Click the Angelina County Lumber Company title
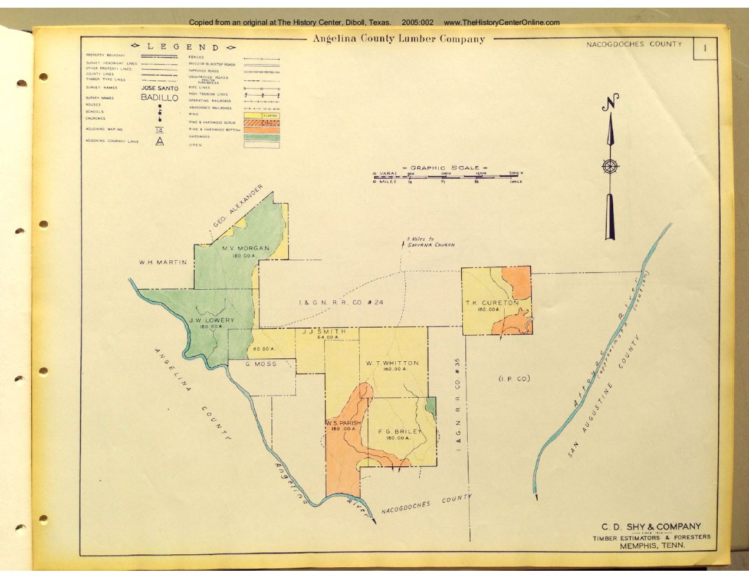[x=399, y=40]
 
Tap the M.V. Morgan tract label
[x=245, y=248]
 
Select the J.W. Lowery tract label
[x=212, y=320]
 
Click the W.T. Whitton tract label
[x=392, y=363]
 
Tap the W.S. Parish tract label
[x=343, y=423]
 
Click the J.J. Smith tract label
[x=324, y=332]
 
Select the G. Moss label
[x=261, y=364]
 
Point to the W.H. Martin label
[x=163, y=262]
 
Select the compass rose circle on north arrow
[x=610, y=166]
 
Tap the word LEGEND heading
[x=183, y=47]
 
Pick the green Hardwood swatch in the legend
[x=261, y=137]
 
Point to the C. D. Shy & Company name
[x=651, y=526]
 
